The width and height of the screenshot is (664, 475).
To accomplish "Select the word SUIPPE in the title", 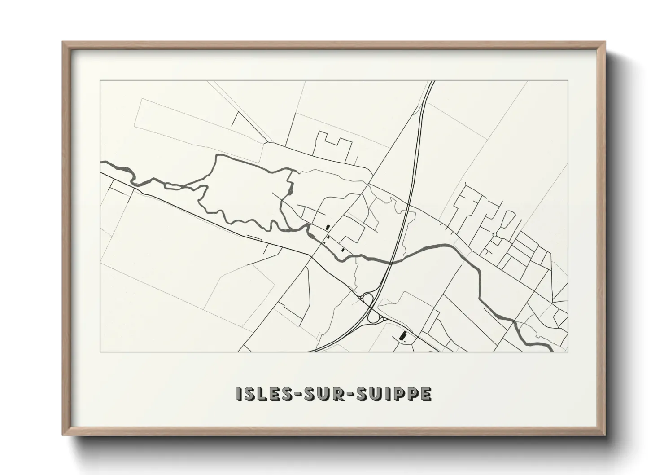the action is click(x=394, y=394).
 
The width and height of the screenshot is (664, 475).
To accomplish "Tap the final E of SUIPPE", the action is click(x=426, y=394).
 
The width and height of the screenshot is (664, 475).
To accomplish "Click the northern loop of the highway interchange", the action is click(x=368, y=299).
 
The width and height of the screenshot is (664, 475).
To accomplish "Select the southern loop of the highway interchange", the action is click(x=373, y=317).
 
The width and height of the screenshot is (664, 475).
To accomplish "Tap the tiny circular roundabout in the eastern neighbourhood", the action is click(x=494, y=235).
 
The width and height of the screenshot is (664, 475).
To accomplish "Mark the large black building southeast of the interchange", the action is click(x=402, y=335).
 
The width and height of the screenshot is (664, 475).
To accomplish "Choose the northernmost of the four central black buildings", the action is click(x=328, y=227).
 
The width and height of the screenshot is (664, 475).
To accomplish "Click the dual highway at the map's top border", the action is click(x=432, y=81).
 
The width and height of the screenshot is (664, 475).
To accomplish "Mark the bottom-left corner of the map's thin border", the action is click(x=100, y=352).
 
